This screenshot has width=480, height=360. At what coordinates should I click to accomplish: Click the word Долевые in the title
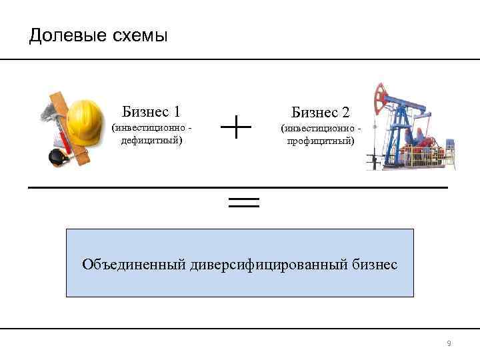click(x=63, y=35)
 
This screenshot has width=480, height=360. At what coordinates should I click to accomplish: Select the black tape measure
click(x=57, y=157)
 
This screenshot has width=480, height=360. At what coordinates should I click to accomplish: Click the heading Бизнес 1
click(x=151, y=111)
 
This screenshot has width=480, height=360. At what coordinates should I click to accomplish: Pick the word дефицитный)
click(x=151, y=141)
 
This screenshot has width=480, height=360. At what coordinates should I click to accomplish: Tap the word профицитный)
click(x=321, y=141)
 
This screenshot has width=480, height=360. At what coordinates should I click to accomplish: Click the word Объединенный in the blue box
click(x=133, y=265)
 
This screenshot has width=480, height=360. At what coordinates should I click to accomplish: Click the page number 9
click(x=449, y=343)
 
